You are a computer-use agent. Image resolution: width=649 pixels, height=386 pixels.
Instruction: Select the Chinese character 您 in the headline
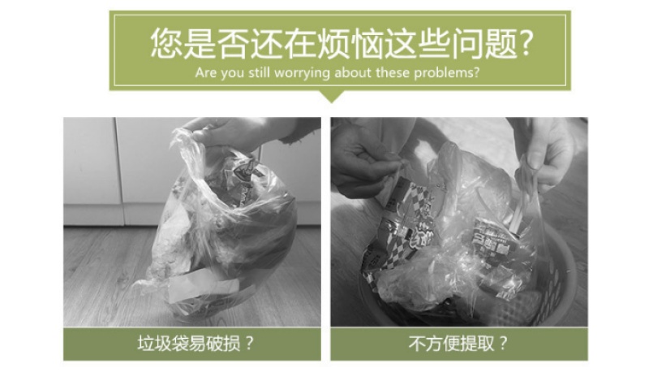[166, 43]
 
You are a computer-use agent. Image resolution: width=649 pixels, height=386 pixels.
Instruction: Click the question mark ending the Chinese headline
[526, 43]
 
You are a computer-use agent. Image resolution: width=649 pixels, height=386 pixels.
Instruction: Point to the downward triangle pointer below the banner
[332, 96]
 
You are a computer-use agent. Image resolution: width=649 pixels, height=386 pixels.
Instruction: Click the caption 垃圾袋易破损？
[196, 344]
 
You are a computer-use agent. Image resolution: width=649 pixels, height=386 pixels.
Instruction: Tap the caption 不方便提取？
[458, 344]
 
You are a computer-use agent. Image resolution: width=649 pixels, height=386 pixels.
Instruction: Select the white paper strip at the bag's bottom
[203, 284]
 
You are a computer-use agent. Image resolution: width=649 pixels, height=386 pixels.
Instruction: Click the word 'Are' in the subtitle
[206, 73]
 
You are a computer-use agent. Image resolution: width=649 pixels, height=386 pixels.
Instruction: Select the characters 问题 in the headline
[484, 43]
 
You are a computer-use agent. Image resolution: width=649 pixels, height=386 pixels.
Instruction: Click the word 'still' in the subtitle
[259, 73]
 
